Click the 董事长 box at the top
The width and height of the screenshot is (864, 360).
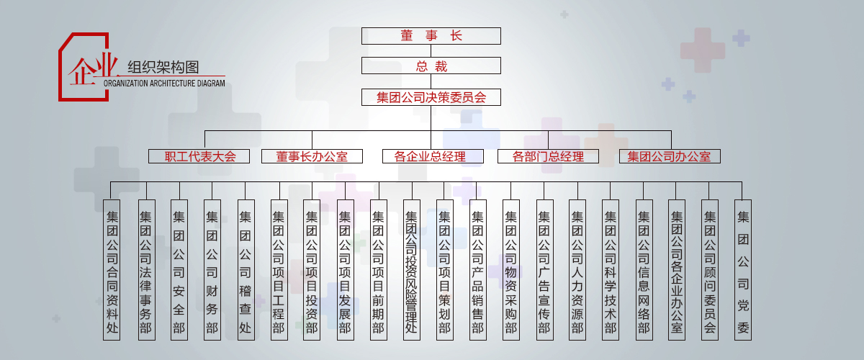pyautogui.click(x=431, y=35)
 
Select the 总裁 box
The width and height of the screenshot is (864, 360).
pyautogui.click(x=431, y=66)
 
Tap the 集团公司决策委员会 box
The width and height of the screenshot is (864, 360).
pyautogui.click(x=431, y=97)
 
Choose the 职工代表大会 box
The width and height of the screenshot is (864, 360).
pyautogui.click(x=199, y=156)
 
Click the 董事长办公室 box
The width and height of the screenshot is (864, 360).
pyautogui.click(x=312, y=156)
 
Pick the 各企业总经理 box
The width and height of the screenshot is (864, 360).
pyautogui.click(x=430, y=156)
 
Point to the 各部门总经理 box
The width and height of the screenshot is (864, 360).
pyautogui.click(x=548, y=156)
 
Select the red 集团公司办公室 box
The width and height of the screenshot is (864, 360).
pyautogui.click(x=670, y=156)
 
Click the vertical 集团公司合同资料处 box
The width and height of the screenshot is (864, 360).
pyautogui.click(x=112, y=270)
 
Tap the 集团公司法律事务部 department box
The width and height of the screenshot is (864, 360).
pyautogui.click(x=145, y=270)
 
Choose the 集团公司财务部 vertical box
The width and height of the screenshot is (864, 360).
pyautogui.click(x=212, y=270)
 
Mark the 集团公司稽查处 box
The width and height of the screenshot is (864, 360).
pyautogui.click(x=246, y=270)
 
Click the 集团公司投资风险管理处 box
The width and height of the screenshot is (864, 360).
pyautogui.click(x=411, y=270)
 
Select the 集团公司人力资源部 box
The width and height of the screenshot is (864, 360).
pyautogui.click(x=577, y=270)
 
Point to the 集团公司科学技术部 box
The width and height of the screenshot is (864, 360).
pyautogui.click(x=611, y=270)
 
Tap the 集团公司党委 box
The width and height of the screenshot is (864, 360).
pyautogui.click(x=743, y=270)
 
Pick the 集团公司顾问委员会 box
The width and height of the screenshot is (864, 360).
pyautogui.click(x=710, y=270)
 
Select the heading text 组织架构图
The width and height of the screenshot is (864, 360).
pyautogui.click(x=163, y=68)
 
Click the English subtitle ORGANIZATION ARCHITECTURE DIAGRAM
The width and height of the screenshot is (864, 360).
pyautogui.click(x=164, y=84)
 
